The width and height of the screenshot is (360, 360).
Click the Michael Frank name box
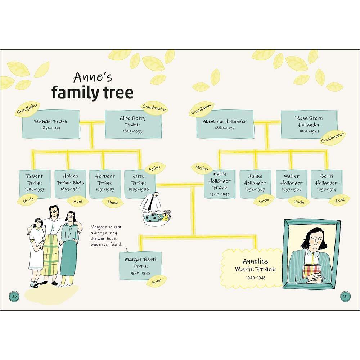(51, 124)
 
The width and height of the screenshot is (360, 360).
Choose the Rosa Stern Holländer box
(309, 124)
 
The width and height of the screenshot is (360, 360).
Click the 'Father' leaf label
(155, 168)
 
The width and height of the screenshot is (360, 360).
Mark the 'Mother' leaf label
(202, 168)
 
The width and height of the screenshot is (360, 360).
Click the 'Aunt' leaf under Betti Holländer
(339, 200)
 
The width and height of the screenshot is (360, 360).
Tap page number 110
(14, 296)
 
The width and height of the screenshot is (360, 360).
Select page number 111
(346, 296)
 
